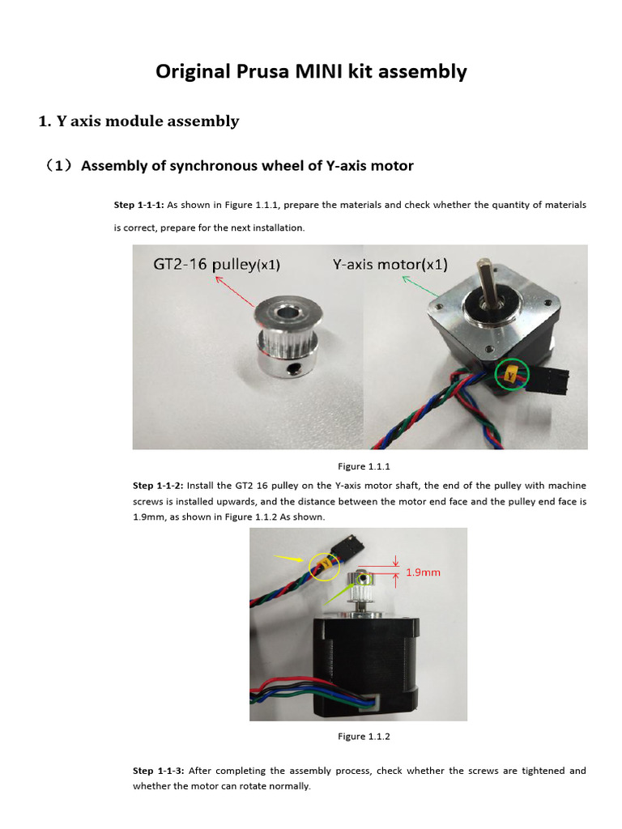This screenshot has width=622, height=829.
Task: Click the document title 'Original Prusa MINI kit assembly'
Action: [x=311, y=71]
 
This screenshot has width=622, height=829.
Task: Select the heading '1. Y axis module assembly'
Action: [x=138, y=121]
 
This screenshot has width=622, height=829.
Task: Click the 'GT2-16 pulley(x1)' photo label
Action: [x=219, y=265]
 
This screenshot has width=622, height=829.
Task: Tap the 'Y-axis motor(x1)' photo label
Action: [x=390, y=265]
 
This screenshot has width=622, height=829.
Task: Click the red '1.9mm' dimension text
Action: [x=423, y=572]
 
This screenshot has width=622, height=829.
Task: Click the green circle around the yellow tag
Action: [x=510, y=375]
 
